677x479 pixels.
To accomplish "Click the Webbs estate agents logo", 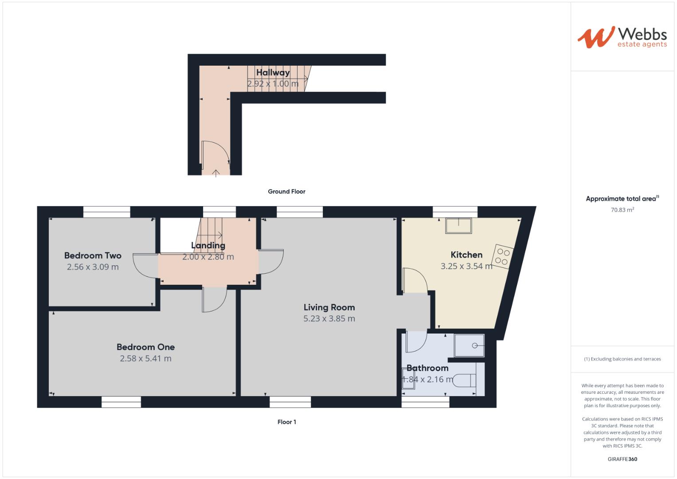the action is tap(622, 37).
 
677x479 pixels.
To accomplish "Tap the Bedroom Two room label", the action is tap(93, 255).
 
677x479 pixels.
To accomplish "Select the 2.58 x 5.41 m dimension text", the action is tap(146, 358).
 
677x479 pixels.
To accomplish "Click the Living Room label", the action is tap(329, 307).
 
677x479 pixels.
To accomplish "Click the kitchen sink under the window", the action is tap(458, 226).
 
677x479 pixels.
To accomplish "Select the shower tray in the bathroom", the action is tap(470, 346).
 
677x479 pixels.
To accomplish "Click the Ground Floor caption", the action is tap(286, 192).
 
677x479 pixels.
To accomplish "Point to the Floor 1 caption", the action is tap(286, 422).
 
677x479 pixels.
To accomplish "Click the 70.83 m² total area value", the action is tap(622, 209).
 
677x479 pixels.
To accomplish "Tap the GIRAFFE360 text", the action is tap(622, 459).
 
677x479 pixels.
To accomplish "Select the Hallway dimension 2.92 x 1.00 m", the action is tap(273, 83).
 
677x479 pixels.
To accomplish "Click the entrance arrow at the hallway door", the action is tap(216, 173).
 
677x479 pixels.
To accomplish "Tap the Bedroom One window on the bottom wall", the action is tap(121, 402).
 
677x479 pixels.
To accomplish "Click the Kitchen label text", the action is tap(466, 255).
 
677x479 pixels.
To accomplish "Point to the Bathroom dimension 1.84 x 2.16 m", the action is tap(428, 379).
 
